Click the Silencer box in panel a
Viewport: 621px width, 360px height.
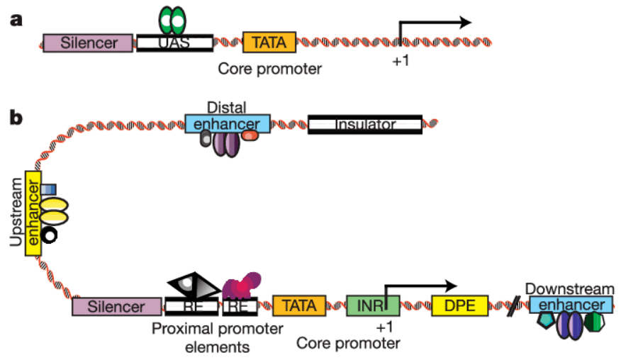pos(88,43)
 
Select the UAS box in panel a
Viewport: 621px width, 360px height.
pos(174,43)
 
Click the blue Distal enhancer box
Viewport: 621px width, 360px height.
pos(228,124)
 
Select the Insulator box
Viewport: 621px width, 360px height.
pos(364,125)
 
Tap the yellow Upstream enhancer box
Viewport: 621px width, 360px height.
pos(33,213)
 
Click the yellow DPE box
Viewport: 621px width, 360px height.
pos(459,306)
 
